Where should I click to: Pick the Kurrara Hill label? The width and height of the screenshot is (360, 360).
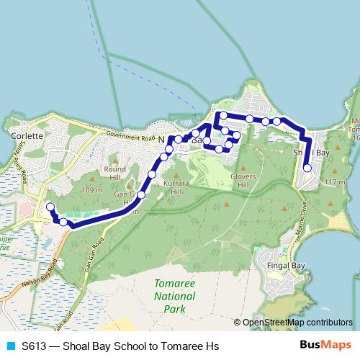point(176,189)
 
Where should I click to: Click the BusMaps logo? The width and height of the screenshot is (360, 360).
point(330,346)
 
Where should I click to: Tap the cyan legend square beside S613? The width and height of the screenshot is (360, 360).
point(11,346)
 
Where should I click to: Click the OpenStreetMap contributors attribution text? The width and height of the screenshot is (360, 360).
point(297,323)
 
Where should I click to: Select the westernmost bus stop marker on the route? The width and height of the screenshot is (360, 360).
point(50,208)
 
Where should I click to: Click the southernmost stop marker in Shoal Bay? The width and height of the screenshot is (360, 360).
point(307,168)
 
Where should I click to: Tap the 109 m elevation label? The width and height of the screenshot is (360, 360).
point(92,190)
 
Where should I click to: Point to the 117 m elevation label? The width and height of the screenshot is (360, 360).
point(336,183)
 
